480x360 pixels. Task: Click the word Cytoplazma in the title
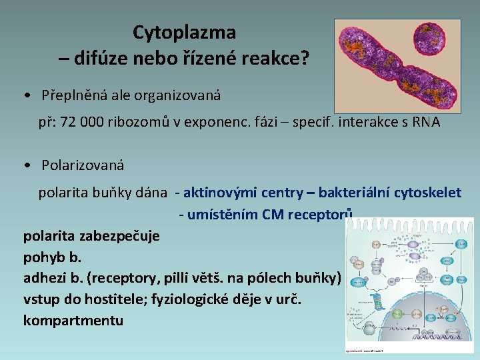[184, 31]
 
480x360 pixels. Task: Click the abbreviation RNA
[425, 124]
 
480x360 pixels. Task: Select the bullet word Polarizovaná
[83, 164]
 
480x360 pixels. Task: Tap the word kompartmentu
[73, 321]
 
